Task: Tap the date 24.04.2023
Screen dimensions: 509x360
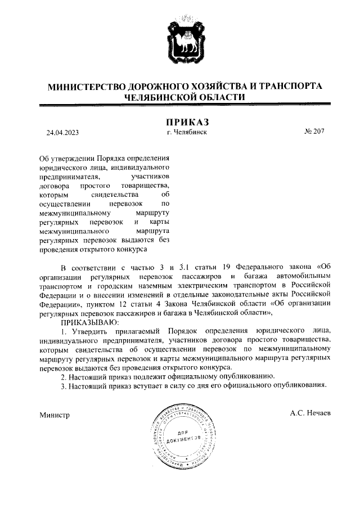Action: pos(62,133)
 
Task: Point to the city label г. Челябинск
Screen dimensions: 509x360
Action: pos(187,132)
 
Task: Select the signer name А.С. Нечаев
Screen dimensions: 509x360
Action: pos(310,413)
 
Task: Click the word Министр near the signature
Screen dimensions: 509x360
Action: pos(54,415)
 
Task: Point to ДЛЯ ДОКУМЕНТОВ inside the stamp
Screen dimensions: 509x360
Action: pos(184,435)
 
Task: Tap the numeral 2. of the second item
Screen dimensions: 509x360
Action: pos(64,375)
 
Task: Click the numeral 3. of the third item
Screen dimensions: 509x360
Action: pos(64,385)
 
